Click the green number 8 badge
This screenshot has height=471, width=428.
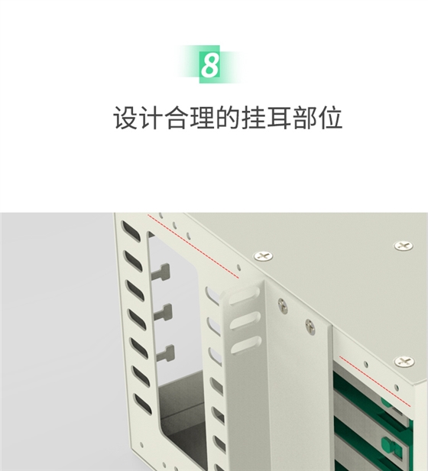[x=209, y=65]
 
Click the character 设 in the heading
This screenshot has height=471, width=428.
[x=125, y=119]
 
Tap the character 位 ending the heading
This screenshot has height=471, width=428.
[x=330, y=119]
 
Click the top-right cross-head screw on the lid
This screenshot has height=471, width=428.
[x=402, y=245]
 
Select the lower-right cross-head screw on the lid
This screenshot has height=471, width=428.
[x=403, y=361]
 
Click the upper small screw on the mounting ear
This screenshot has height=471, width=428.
[x=283, y=305]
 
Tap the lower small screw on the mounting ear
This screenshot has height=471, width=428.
[x=310, y=326]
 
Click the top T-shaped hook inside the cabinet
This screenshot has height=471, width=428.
[x=164, y=272]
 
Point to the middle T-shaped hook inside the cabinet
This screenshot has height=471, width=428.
[x=166, y=311]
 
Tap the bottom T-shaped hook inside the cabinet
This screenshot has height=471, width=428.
[x=165, y=352]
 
